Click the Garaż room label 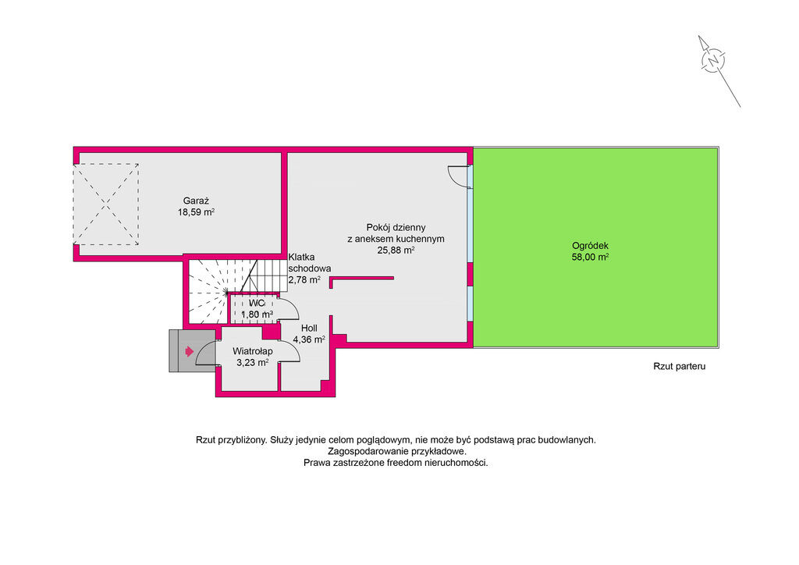(x=196, y=201)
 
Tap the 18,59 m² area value (x=196, y=212)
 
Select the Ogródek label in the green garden (x=590, y=246)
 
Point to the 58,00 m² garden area (x=590, y=258)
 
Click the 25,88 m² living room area (x=396, y=251)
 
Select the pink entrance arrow (x=189, y=351)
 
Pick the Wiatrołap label (x=253, y=351)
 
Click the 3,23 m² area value (x=253, y=363)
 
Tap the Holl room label (x=309, y=329)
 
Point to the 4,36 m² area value (x=309, y=339)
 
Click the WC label (x=257, y=304)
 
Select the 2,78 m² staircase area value (x=305, y=279)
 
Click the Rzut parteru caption (x=680, y=366)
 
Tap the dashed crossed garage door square (x=106, y=204)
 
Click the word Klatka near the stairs (x=302, y=258)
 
